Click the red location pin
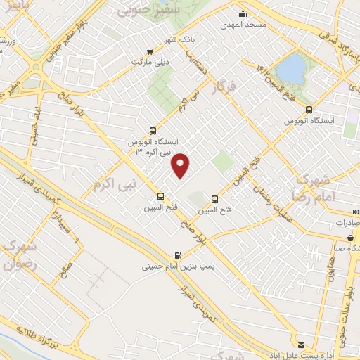(x=181, y=165)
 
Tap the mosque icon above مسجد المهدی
(x=243, y=13)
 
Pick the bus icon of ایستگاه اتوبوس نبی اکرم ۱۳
(x=153, y=131)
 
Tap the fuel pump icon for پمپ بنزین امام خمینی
(x=176, y=255)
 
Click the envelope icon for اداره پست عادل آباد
(x=302, y=345)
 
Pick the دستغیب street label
(x=199, y=67)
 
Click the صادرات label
(x=346, y=222)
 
